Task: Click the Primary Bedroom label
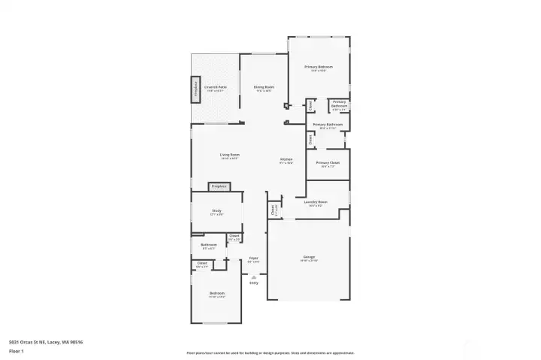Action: pos(319,68)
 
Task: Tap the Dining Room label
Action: pos(263,87)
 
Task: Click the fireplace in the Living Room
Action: pos(219,186)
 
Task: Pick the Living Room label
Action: pos(219,155)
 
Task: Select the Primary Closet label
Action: pos(328,163)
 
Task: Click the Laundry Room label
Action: pos(316,202)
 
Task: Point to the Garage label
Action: pos(309,257)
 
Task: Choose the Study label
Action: pos(216,211)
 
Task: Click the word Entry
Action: pos(253,283)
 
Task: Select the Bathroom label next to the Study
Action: pos(208,245)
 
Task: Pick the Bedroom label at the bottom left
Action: pos(216,292)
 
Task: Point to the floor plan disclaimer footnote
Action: pos(270,352)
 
